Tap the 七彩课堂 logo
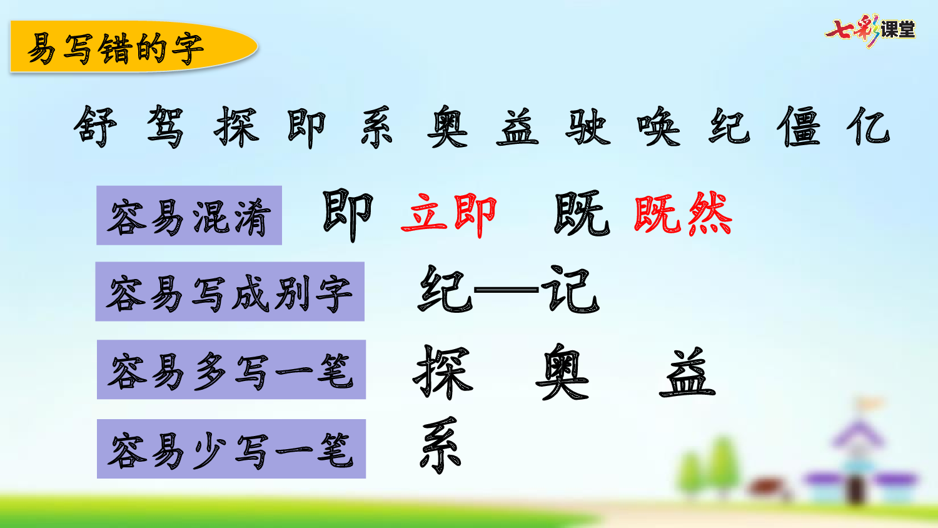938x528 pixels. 870,30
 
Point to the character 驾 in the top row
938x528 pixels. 166,126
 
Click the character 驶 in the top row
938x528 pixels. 587,126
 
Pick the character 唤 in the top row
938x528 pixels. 658,126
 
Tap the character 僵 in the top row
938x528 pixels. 799,126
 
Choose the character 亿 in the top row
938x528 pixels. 869,126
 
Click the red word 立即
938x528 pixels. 449,215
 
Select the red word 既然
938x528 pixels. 683,215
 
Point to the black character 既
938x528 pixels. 582,215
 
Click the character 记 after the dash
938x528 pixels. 570,290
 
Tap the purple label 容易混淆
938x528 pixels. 189,215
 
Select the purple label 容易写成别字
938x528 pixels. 229,292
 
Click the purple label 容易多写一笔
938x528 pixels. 231,370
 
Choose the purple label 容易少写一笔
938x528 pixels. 231,449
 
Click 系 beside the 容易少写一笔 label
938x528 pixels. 441,445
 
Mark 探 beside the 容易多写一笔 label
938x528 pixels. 442,372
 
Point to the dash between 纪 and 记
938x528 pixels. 507,290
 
